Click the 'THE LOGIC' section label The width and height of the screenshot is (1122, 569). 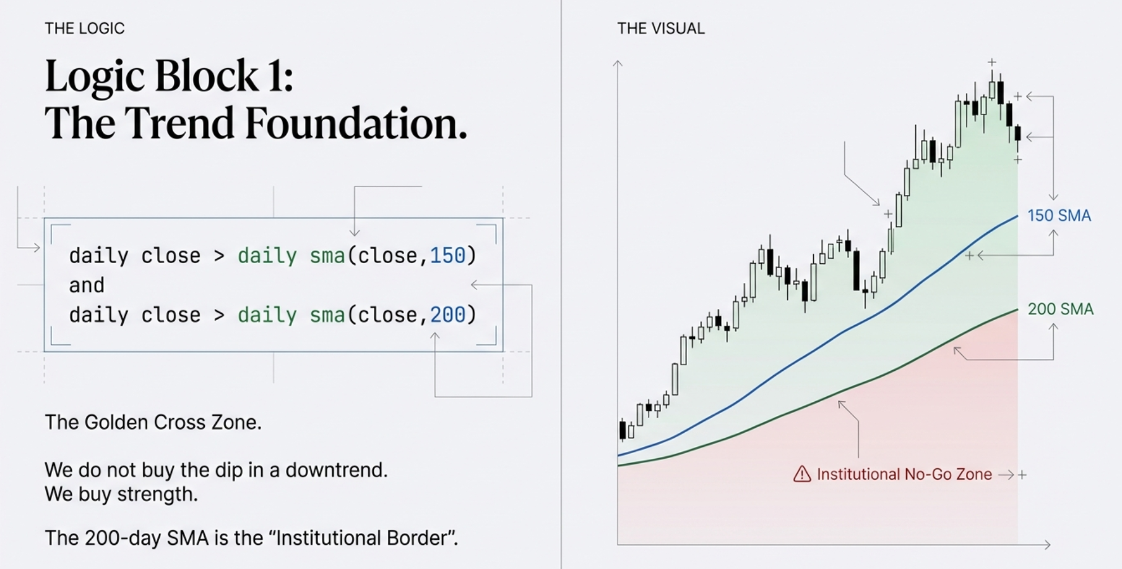[x=85, y=28]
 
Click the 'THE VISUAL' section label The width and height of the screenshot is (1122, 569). [x=660, y=28]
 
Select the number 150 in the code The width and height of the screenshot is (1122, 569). [x=447, y=255]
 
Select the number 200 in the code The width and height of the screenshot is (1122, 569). [x=447, y=315]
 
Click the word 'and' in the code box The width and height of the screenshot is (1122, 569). [x=87, y=285]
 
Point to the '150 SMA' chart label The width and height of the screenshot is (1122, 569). [x=1059, y=215]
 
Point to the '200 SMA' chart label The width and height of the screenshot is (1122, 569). [x=1060, y=309]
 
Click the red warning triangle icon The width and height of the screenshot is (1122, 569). [x=802, y=474]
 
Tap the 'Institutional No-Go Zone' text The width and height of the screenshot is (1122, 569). [x=904, y=474]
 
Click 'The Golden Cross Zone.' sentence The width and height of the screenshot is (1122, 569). [x=153, y=422]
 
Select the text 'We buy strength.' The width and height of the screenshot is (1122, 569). [x=121, y=494]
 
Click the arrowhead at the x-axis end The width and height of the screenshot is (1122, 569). [x=1047, y=545]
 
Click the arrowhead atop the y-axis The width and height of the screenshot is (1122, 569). [x=618, y=63]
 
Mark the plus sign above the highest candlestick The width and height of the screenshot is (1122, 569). [x=992, y=63]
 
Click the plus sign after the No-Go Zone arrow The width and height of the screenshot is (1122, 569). [x=1022, y=475]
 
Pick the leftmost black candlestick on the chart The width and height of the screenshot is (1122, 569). [x=623, y=430]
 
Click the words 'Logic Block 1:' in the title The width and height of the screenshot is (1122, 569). [x=169, y=76]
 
